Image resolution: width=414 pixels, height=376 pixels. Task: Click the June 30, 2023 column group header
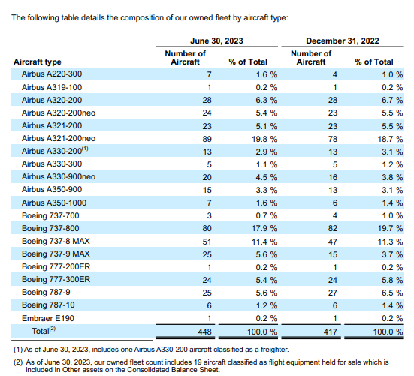click(216, 41)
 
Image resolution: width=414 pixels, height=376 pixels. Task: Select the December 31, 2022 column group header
click(343, 41)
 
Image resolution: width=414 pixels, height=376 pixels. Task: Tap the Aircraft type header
click(38, 62)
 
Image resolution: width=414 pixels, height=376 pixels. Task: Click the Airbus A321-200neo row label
click(59, 138)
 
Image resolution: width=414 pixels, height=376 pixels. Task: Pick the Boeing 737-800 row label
click(50, 228)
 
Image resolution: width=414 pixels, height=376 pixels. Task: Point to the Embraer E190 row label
click(48, 318)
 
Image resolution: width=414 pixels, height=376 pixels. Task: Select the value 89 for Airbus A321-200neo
click(207, 139)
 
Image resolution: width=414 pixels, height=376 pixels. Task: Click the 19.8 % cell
click(264, 139)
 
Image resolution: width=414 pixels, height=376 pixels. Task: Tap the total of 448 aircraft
click(204, 332)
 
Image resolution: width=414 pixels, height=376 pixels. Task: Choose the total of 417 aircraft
click(331, 332)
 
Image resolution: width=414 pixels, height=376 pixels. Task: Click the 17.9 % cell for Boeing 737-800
click(264, 228)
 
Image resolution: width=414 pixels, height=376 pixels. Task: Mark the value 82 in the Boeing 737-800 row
click(333, 228)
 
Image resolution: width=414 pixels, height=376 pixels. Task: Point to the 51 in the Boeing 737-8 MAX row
click(207, 242)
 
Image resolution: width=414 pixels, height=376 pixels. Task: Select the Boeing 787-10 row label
click(48, 305)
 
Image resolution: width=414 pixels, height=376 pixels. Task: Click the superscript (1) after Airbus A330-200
click(85, 149)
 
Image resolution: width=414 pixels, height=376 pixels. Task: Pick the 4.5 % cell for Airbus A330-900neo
click(267, 177)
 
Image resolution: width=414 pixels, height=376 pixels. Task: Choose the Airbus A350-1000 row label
click(54, 203)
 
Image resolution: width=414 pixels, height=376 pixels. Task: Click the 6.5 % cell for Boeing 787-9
click(392, 293)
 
